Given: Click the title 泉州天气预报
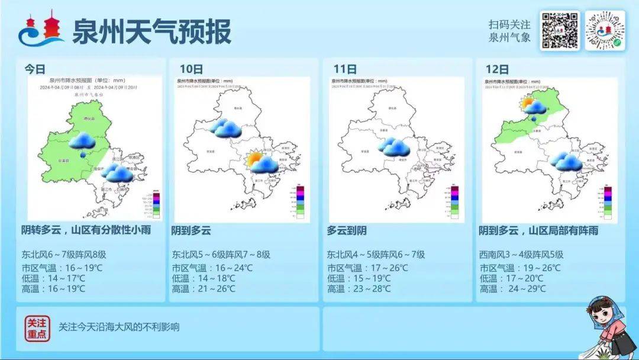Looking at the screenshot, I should (x=151, y=31).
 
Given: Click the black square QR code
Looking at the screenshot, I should (x=559, y=30).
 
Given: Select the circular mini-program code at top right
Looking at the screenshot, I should (x=605, y=30).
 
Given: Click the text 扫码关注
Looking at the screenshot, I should (x=509, y=25).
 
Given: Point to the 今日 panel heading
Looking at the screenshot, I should (x=35, y=69).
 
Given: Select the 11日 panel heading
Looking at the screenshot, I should (x=344, y=69).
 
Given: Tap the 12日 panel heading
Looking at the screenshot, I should (x=496, y=69).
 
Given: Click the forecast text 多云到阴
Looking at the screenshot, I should (x=347, y=231).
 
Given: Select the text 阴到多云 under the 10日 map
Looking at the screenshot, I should (x=191, y=231).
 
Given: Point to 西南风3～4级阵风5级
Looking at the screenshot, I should (x=521, y=255).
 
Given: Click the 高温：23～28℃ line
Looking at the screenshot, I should (x=359, y=289).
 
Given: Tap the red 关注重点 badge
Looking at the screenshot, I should (x=37, y=327).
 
